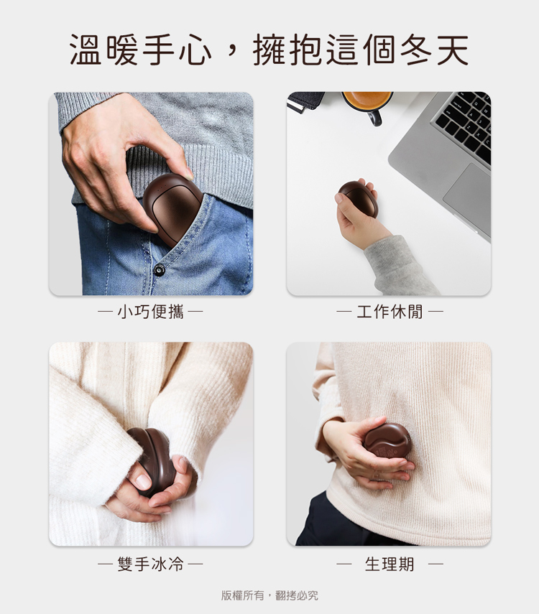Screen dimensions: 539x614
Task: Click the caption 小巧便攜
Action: (150, 312)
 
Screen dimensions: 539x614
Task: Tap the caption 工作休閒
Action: (390, 312)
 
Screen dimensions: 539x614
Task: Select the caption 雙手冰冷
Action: (150, 564)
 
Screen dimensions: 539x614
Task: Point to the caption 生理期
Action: (390, 564)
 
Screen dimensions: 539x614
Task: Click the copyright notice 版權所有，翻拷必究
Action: (269, 595)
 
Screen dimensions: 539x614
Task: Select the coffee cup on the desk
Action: (367, 106)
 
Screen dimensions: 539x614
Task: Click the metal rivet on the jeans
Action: (159, 270)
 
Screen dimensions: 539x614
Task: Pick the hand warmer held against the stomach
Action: (387, 440)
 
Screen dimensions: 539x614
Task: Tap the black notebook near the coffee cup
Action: (305, 102)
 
